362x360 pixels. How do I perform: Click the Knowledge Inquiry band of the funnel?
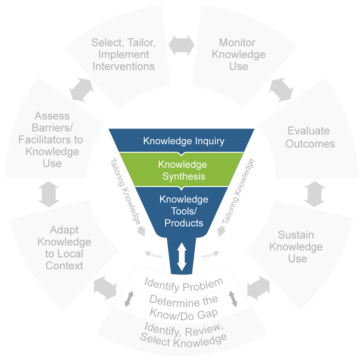pos(184,141)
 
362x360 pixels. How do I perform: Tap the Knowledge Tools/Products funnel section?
pos(184,211)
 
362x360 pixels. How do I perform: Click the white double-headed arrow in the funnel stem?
pos(182,256)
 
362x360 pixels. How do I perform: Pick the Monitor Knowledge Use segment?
pos(238,54)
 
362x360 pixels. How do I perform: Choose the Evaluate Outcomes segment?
pos(310,137)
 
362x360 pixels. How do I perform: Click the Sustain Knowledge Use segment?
pos(296,247)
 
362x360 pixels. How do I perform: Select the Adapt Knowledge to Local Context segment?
pos(64,248)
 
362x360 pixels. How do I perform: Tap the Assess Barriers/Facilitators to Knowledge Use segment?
pos(51,140)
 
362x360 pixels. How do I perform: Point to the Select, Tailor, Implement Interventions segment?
pos(123,54)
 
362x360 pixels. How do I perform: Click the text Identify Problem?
pos(184,284)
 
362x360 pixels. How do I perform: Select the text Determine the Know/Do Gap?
pos(184,307)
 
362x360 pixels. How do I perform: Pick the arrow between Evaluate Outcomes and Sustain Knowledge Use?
pos(314,194)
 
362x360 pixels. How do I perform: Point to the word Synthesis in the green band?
pos(184,176)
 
